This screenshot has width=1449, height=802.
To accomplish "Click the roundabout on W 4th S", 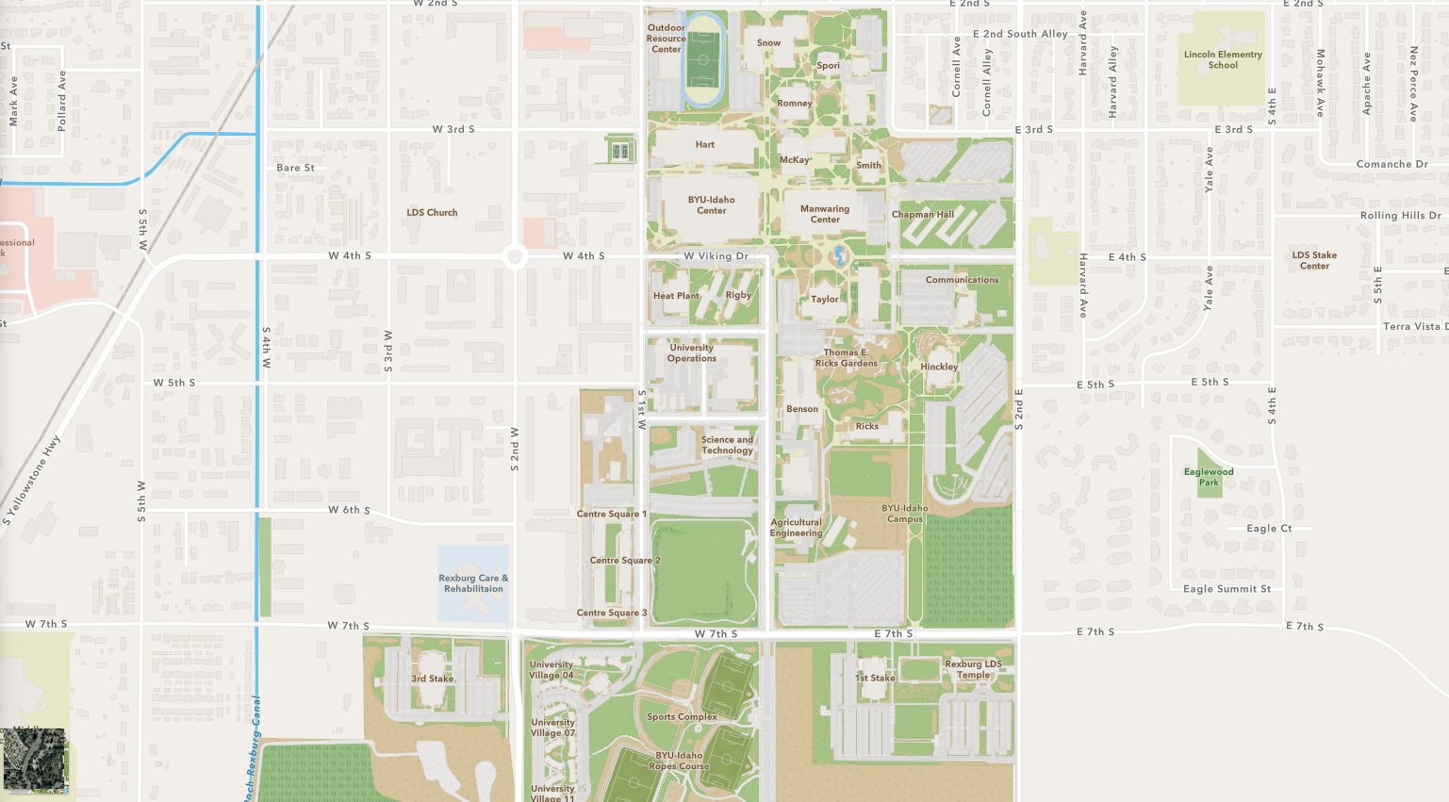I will pyautogui.click(x=515, y=256).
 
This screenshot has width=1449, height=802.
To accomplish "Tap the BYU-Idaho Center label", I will pyautogui.click(x=711, y=205).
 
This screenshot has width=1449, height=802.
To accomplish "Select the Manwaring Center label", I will pyautogui.click(x=825, y=214).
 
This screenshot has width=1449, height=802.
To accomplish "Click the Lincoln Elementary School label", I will pyautogui.click(x=1223, y=59).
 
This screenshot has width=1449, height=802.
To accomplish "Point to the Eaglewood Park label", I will pyautogui.click(x=1209, y=477).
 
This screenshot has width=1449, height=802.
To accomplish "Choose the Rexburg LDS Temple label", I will pyautogui.click(x=974, y=669).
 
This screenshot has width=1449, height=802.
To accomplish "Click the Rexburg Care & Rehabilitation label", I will pyautogui.click(x=473, y=583).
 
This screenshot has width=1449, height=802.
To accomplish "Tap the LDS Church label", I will pyautogui.click(x=432, y=213).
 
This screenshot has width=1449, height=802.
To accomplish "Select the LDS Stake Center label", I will pyautogui.click(x=1314, y=260).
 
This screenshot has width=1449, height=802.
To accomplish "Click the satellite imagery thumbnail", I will pyautogui.click(x=35, y=759).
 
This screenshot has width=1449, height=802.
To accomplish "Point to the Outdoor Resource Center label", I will pyautogui.click(x=667, y=39).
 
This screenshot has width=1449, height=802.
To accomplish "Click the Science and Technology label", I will pyautogui.click(x=727, y=445).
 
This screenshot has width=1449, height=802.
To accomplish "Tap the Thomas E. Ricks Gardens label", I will pyautogui.click(x=846, y=358).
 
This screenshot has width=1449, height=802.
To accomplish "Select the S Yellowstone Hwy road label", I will pyautogui.click(x=32, y=481).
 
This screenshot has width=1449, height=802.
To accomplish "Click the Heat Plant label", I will pyautogui.click(x=676, y=296).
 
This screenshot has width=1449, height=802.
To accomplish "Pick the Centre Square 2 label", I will pyautogui.click(x=625, y=561).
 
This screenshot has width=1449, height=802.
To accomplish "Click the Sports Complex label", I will pyautogui.click(x=682, y=717).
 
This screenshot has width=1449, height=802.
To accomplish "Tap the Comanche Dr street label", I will pyautogui.click(x=1391, y=164).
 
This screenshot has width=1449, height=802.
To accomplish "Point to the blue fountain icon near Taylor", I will pyautogui.click(x=839, y=254).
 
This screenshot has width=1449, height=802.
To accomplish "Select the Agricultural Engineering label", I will pyautogui.click(x=797, y=528).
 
